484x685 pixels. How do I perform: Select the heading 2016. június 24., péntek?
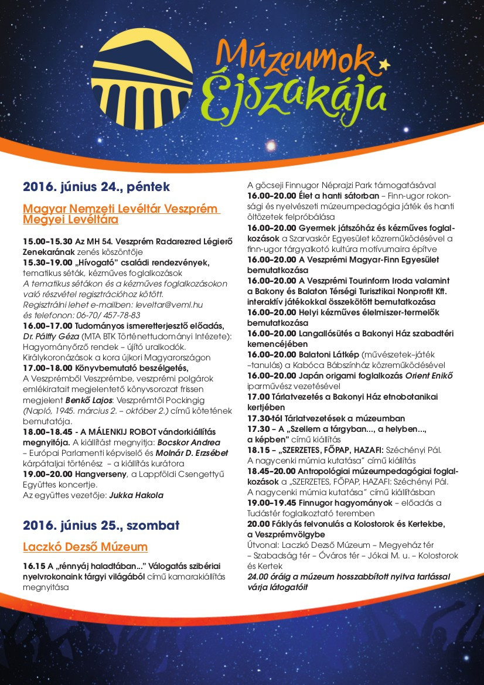(x=96, y=187)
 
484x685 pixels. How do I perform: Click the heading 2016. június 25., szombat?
(x=101, y=524)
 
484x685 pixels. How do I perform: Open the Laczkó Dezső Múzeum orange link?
(x=85, y=547)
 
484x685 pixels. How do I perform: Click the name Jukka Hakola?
(x=136, y=495)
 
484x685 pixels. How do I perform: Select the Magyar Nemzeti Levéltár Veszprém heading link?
(x=121, y=209)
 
